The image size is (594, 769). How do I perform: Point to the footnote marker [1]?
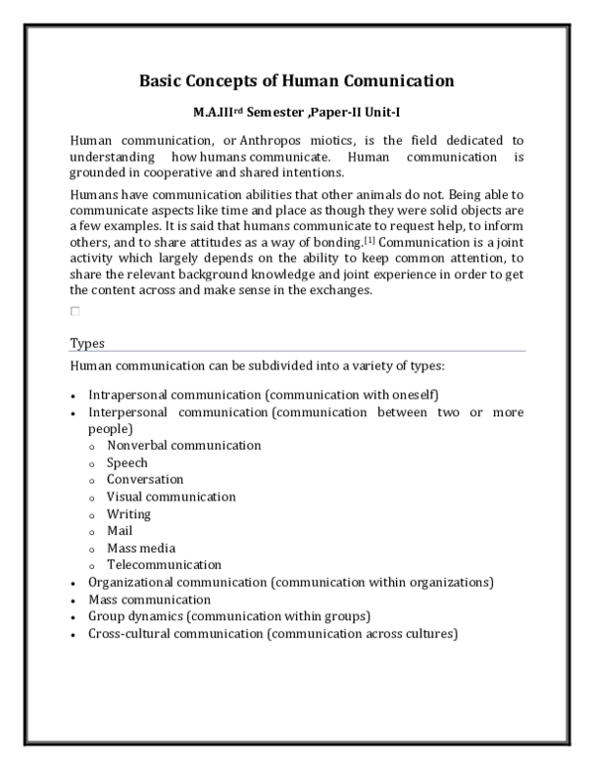click(368, 240)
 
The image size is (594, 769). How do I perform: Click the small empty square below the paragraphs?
click(74, 311)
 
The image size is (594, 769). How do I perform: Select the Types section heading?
click(87, 343)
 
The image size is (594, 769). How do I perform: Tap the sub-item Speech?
click(128, 463)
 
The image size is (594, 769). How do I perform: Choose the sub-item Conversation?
click(146, 480)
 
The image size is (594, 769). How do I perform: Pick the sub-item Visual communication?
click(171, 496)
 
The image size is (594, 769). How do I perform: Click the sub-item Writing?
click(129, 514)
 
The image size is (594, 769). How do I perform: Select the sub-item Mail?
click(120, 531)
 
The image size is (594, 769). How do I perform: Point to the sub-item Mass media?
click(142, 548)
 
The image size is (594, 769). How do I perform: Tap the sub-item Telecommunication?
click(164, 565)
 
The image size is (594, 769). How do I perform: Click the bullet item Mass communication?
click(149, 600)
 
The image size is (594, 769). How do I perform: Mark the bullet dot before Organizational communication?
click(73, 584)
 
